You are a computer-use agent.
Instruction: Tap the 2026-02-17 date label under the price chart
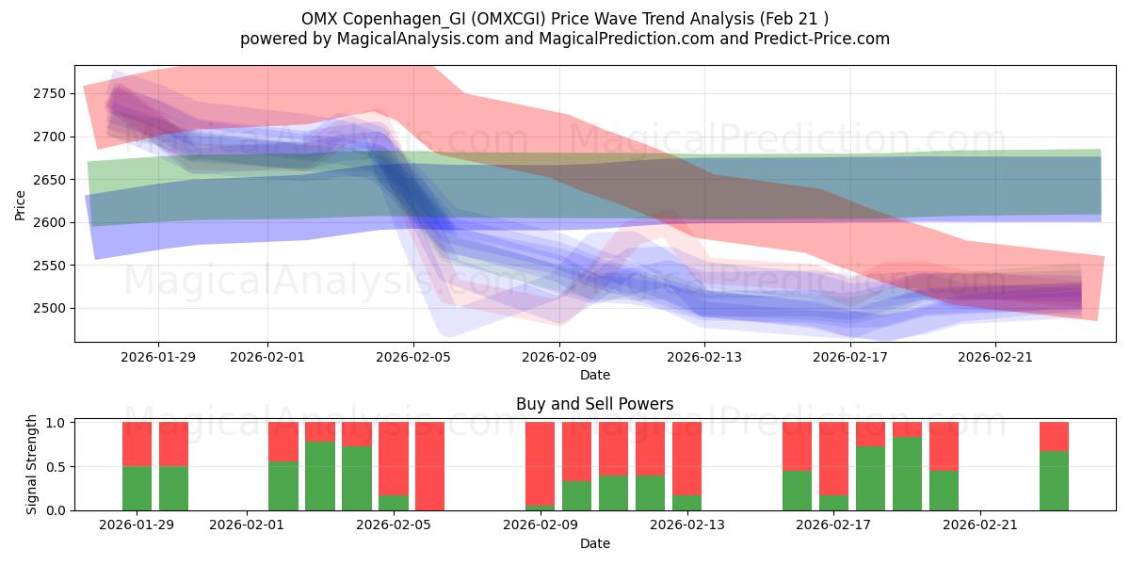tap(850, 357)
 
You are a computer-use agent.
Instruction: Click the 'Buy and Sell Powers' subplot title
tap(594, 404)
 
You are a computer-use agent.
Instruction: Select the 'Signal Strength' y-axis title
tap(31, 465)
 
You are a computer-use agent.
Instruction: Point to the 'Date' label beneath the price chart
tap(594, 375)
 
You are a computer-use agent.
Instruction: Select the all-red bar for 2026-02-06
tap(429, 466)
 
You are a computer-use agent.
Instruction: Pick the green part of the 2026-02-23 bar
tap(1054, 481)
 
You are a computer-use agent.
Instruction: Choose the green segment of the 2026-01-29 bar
tap(137, 488)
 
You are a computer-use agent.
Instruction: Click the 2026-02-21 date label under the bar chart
tap(980, 525)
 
